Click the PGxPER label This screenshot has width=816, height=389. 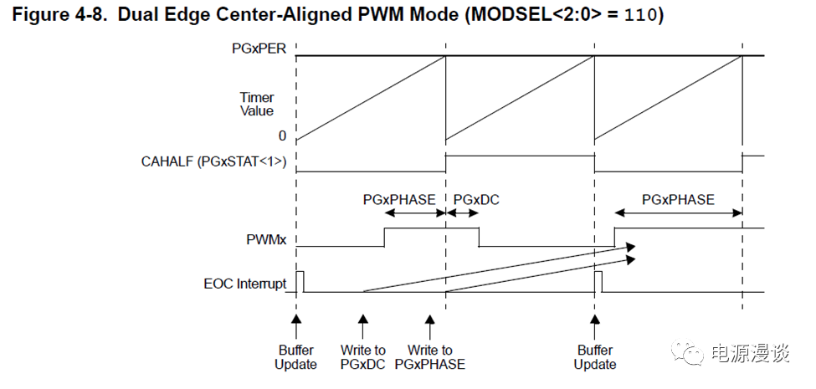click(259, 49)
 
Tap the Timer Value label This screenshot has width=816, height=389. click(257, 104)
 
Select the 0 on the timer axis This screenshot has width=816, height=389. click(282, 136)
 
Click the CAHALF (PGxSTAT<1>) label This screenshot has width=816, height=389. click(213, 161)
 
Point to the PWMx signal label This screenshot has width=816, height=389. click(266, 241)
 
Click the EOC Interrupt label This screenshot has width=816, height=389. click(245, 284)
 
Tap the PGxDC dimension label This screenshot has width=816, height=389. click(476, 200)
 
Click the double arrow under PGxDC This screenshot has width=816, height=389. click(462, 213)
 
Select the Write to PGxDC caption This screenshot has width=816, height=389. click(363, 356)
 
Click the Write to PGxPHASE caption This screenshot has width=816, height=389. click(430, 356)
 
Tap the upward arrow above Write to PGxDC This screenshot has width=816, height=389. click(363, 326)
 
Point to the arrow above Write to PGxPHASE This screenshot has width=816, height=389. click(430, 326)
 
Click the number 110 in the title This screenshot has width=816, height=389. click(640, 15)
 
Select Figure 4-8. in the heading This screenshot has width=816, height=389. click(61, 15)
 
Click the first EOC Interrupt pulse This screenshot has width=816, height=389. click(300, 281)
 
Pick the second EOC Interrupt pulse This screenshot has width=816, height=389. click(598, 281)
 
